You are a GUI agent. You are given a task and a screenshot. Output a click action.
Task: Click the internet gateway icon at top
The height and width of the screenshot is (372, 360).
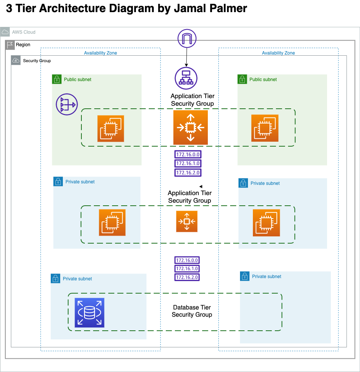(x=187, y=39)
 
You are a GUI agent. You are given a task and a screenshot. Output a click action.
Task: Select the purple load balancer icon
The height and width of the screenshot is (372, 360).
(x=186, y=78)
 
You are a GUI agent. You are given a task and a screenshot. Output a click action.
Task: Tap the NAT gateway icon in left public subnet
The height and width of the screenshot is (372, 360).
(x=66, y=104)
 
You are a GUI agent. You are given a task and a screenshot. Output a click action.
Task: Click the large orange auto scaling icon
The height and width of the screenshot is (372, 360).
(x=190, y=127)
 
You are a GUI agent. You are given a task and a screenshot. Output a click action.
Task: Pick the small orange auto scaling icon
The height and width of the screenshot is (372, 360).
(x=187, y=221)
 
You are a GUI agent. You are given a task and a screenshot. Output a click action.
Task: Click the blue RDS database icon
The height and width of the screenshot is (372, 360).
(x=89, y=313)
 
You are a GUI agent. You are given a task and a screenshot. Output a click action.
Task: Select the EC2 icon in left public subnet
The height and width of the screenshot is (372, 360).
(x=111, y=128)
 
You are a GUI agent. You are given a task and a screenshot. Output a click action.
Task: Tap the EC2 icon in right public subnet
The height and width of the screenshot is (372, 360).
(x=265, y=128)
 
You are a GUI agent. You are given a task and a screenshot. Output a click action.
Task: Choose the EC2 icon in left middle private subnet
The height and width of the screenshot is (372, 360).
(x=112, y=222)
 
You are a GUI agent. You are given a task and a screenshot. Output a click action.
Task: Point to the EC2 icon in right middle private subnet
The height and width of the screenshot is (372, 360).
(x=266, y=223)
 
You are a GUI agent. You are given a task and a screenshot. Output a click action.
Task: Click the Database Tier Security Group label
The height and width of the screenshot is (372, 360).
(x=192, y=311)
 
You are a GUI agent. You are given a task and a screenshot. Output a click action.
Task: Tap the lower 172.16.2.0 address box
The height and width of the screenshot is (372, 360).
(x=187, y=277)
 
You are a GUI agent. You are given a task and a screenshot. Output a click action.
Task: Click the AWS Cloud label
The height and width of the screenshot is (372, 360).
(x=23, y=32)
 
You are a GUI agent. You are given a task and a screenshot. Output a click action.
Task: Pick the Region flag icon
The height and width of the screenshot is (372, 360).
(x=10, y=45)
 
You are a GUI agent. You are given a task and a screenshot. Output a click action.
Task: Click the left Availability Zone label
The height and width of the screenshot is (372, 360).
(x=100, y=53)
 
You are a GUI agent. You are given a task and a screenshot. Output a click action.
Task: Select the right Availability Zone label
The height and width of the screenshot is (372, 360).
(x=278, y=53)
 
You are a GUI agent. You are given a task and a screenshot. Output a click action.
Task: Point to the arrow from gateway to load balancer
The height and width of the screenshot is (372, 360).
(x=187, y=57)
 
